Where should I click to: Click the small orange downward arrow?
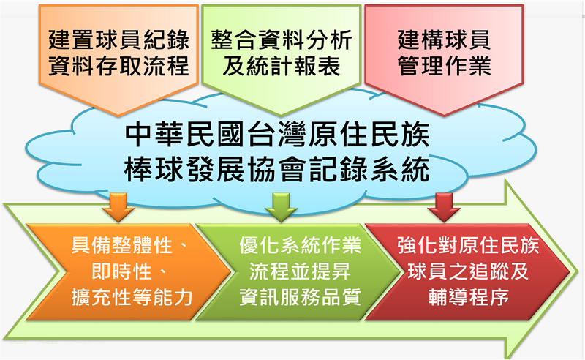tap(118, 207)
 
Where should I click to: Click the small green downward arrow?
tap(282, 207)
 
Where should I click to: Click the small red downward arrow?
tap(444, 207)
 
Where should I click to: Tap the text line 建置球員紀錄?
tap(118, 40)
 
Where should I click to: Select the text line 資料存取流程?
tap(118, 66)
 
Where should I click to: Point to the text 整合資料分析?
tap(282, 40)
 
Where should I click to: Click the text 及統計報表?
tap(282, 66)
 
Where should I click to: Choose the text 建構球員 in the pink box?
tap(444, 40)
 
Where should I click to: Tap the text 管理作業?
tap(444, 66)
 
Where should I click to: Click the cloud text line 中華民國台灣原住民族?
tap(277, 135)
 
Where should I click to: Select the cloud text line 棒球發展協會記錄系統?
tap(277, 170)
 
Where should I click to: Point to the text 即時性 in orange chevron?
tap(121, 271)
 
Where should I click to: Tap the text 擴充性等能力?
tap(132, 297)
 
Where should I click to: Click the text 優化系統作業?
tap(300, 246)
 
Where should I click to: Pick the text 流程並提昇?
tap(300, 271)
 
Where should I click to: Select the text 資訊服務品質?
tap(300, 297)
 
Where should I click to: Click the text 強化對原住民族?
tap(468, 246)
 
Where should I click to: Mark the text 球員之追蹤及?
tap(468, 271)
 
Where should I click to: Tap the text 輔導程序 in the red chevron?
tap(468, 297)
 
